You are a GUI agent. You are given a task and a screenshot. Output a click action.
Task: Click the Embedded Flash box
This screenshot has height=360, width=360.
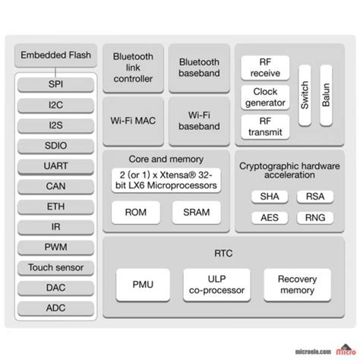[x=55, y=55]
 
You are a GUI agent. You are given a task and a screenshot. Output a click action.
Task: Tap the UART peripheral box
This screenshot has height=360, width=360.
[x=55, y=164]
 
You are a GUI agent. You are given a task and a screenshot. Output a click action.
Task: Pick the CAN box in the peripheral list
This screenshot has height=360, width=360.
[x=55, y=185]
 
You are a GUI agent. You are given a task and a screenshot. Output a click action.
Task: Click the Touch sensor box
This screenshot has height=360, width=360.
[x=55, y=267]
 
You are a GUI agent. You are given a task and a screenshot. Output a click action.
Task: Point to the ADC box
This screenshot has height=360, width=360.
[x=55, y=308]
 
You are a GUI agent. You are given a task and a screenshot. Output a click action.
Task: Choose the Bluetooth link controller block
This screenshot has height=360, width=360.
[x=133, y=68]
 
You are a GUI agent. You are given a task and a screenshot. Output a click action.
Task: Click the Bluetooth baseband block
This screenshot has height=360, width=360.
[x=199, y=68]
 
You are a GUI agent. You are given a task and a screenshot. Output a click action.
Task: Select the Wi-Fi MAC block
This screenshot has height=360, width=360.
[x=133, y=120]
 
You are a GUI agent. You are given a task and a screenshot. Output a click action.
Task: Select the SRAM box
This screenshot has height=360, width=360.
[x=197, y=213]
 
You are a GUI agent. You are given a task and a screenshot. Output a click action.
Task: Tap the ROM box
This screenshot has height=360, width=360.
[x=135, y=213]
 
